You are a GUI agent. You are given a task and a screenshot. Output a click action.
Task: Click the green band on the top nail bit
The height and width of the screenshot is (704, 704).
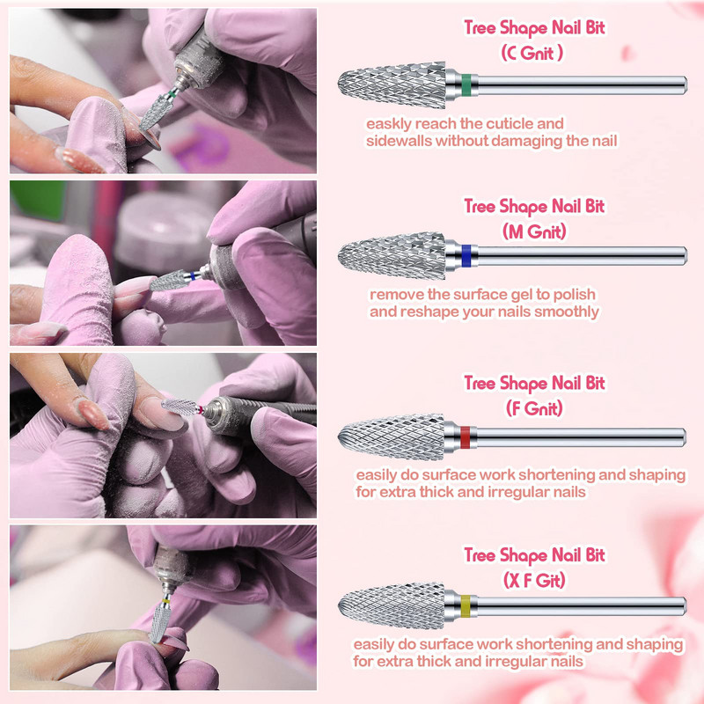tap(466, 85)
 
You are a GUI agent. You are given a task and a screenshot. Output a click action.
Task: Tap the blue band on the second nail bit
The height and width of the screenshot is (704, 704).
tap(466, 256)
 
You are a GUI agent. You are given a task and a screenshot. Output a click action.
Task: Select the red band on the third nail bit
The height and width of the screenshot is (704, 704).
tap(466, 437)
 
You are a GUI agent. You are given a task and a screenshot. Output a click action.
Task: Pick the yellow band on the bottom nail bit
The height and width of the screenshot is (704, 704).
tap(466, 606)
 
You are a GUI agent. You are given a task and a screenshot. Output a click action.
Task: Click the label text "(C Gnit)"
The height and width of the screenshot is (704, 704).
tap(532, 54)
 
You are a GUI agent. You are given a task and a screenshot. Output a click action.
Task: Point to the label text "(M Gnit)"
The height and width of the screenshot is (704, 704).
tap(534, 231)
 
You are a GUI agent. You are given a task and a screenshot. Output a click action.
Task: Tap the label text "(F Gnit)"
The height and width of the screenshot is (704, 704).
tap(534, 408)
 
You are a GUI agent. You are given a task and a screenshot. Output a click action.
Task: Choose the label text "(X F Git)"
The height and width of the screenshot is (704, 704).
tap(534, 581)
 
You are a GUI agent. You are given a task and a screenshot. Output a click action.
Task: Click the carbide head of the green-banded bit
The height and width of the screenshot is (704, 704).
tap(392, 85)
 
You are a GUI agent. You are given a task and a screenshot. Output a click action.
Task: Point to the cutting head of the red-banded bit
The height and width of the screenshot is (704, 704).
tap(392, 437)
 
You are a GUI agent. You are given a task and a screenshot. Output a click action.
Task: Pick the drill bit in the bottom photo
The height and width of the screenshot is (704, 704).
tap(161, 619)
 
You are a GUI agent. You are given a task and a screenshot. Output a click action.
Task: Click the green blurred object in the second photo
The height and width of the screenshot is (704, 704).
tap(38, 201)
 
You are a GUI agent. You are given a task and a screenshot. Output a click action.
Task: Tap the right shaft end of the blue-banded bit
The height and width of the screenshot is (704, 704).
tap(686, 256)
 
